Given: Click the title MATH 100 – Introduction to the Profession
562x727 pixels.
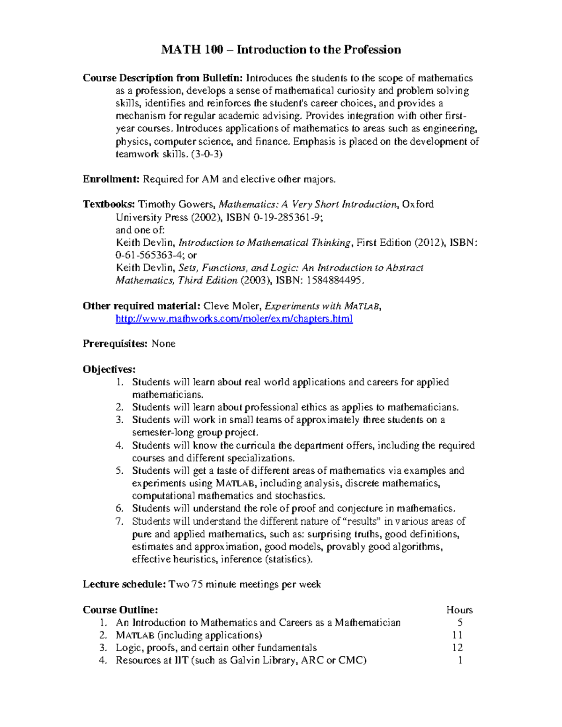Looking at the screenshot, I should tap(281, 50).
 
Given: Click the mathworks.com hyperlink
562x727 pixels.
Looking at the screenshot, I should tap(234, 319).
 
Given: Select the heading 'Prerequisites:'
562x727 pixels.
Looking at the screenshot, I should tap(115, 344).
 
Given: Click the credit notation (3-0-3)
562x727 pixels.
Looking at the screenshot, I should tap(207, 154).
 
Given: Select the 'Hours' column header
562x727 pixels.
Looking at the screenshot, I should tap(459, 610).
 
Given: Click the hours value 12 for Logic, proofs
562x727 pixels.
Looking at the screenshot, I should tap(457, 648).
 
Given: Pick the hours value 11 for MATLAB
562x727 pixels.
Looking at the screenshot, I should tap(457, 635).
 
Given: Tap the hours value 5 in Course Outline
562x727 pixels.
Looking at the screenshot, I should tap(460, 623).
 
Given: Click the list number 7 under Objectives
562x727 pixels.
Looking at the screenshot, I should tap(119, 521).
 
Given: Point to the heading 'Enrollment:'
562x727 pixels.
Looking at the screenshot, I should tap(111, 179).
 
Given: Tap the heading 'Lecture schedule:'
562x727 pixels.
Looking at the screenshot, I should tap(124, 584).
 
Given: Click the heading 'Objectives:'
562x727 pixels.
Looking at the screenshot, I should tap(109, 369).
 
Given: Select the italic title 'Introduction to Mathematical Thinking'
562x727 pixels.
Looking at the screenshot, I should tap(265, 242).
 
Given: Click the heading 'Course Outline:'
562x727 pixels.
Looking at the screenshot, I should tap(120, 610).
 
